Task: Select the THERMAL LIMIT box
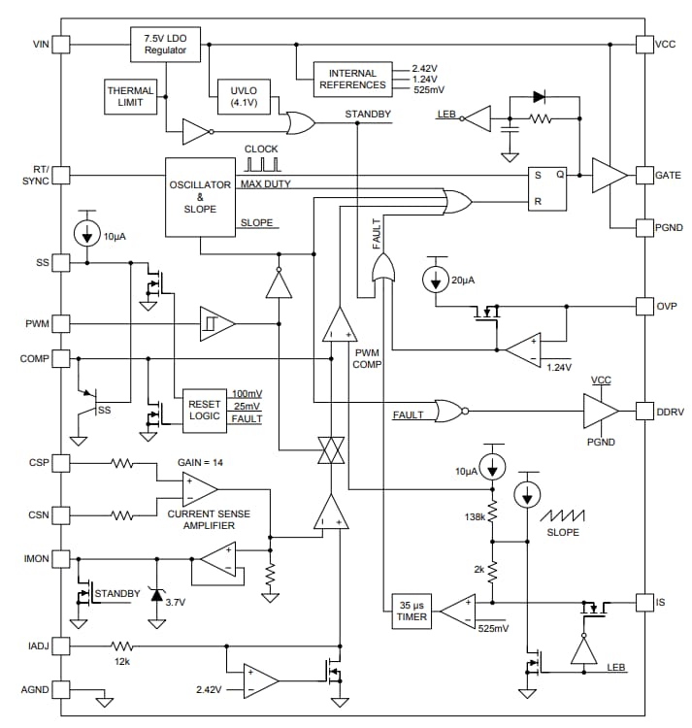pyautogui.click(x=130, y=97)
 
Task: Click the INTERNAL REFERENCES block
pyautogui.click(x=352, y=79)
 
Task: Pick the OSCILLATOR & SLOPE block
pyautogui.click(x=201, y=196)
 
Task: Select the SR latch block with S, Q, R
pyautogui.click(x=547, y=188)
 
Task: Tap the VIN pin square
pyautogui.click(x=61, y=44)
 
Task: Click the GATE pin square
pyautogui.click(x=644, y=176)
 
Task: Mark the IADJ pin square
pyautogui.click(x=61, y=645)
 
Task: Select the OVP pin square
pyautogui.click(x=644, y=307)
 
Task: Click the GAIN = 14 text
pyautogui.click(x=200, y=463)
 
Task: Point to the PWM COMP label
pyautogui.click(x=369, y=359)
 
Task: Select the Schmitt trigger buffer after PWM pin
pyautogui.click(x=216, y=323)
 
